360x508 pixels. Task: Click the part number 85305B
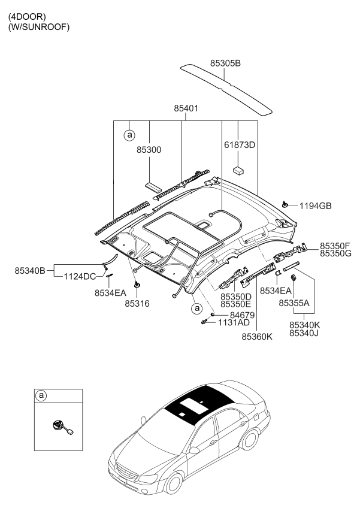225,62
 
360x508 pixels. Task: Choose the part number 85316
137,304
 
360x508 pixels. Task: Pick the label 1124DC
80,276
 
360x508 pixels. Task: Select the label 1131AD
234,322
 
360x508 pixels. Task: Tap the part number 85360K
257,337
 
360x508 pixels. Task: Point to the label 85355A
294,303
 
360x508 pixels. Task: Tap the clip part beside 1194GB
286,205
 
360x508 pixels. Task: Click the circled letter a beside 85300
129,135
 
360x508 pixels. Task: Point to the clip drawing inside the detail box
60,427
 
